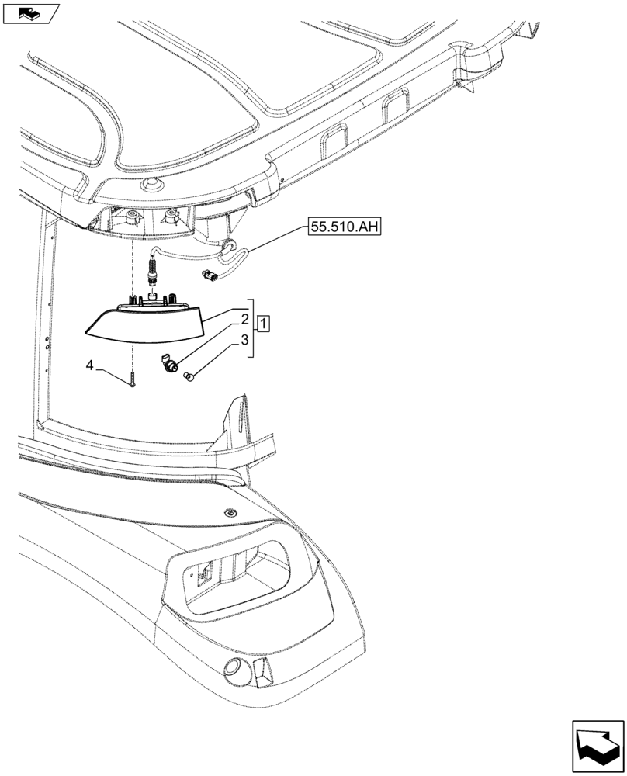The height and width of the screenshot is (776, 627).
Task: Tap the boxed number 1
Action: [264, 324]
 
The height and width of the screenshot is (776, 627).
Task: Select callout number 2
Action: [244, 319]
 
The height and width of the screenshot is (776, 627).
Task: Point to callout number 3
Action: [244, 339]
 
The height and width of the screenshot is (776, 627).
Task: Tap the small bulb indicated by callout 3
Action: [189, 377]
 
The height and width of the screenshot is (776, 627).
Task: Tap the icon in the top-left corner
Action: [30, 13]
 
